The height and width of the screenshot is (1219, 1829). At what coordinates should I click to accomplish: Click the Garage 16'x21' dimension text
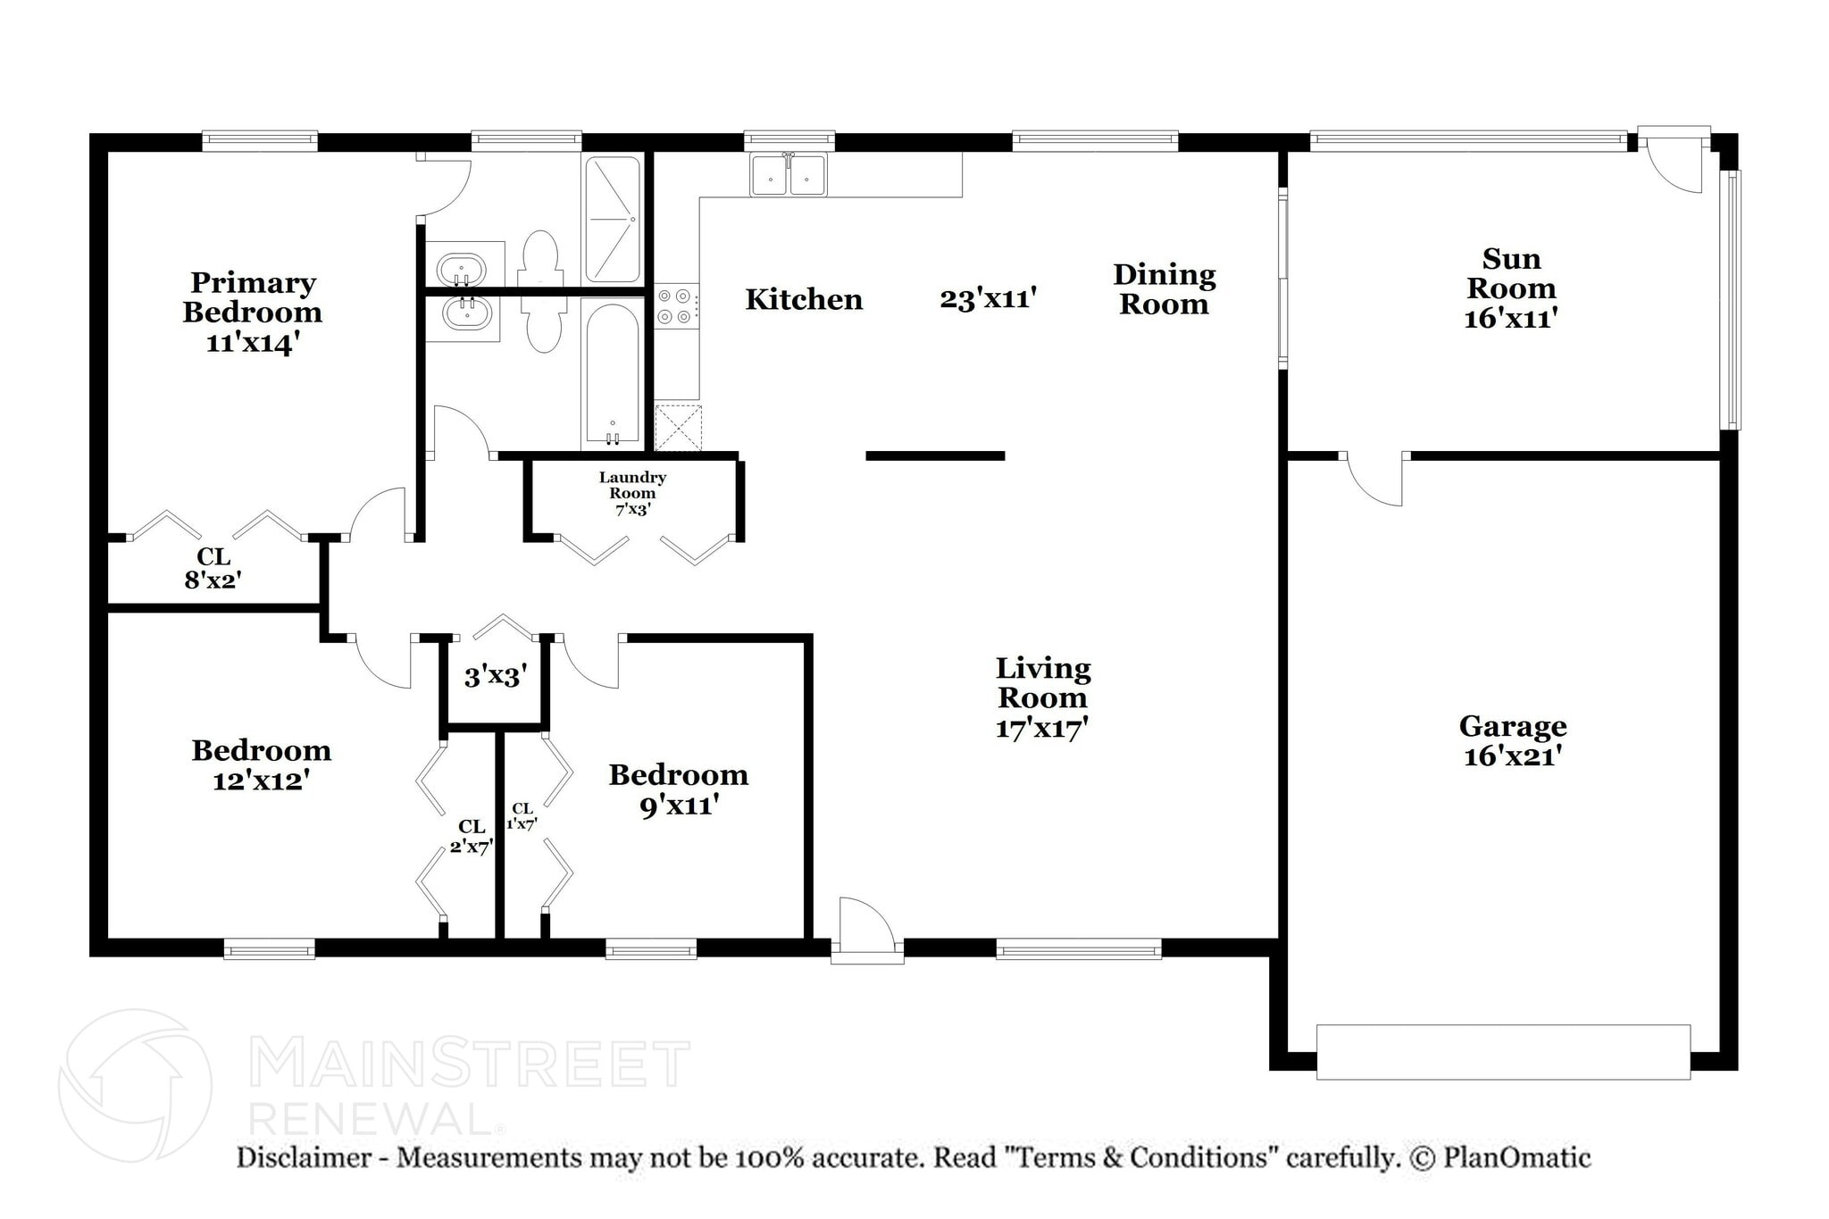(1512, 756)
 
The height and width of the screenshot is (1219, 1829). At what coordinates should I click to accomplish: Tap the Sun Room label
(1511, 273)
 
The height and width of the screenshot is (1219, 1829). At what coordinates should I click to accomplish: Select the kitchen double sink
(789, 174)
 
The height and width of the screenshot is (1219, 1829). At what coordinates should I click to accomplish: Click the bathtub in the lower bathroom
(612, 375)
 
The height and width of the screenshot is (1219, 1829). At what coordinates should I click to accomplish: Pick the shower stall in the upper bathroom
(613, 219)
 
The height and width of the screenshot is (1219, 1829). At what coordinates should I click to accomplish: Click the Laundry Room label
(632, 485)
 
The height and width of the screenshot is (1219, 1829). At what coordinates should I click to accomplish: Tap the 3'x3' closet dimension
(495, 677)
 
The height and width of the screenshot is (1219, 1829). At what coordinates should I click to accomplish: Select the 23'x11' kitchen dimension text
(988, 298)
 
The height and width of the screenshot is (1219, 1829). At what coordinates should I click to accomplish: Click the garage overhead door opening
(1503, 1051)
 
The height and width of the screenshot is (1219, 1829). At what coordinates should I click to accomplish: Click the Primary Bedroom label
(253, 297)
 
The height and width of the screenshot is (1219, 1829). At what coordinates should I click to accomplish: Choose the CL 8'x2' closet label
(213, 569)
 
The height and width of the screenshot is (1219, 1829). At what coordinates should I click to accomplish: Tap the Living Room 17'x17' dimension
(1042, 729)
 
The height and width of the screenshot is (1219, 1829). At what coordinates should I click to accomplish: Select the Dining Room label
(1164, 288)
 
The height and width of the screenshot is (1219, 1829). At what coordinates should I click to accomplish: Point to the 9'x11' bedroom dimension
(679, 806)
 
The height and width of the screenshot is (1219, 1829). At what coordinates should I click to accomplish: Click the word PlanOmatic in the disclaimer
(1516, 1157)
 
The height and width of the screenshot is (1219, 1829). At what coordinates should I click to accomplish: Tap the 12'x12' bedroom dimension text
(261, 781)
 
